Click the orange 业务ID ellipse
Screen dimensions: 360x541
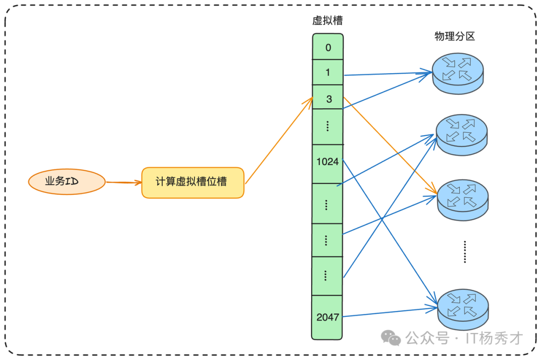(x=67, y=181)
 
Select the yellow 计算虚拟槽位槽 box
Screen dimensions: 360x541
(x=192, y=182)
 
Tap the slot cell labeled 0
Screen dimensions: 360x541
(x=328, y=48)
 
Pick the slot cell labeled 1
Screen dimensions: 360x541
(x=328, y=73)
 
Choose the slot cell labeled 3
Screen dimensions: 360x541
(x=328, y=99)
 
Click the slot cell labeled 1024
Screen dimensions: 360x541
(x=328, y=162)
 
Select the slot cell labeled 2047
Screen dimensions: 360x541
(x=328, y=317)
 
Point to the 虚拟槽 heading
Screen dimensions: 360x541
(x=328, y=21)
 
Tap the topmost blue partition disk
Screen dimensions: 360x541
(x=458, y=73)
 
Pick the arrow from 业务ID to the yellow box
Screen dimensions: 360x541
(x=123, y=183)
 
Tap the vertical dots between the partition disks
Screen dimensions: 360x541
(x=464, y=251)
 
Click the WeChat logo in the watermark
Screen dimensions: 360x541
(x=391, y=338)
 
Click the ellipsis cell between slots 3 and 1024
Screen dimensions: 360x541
(x=328, y=126)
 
